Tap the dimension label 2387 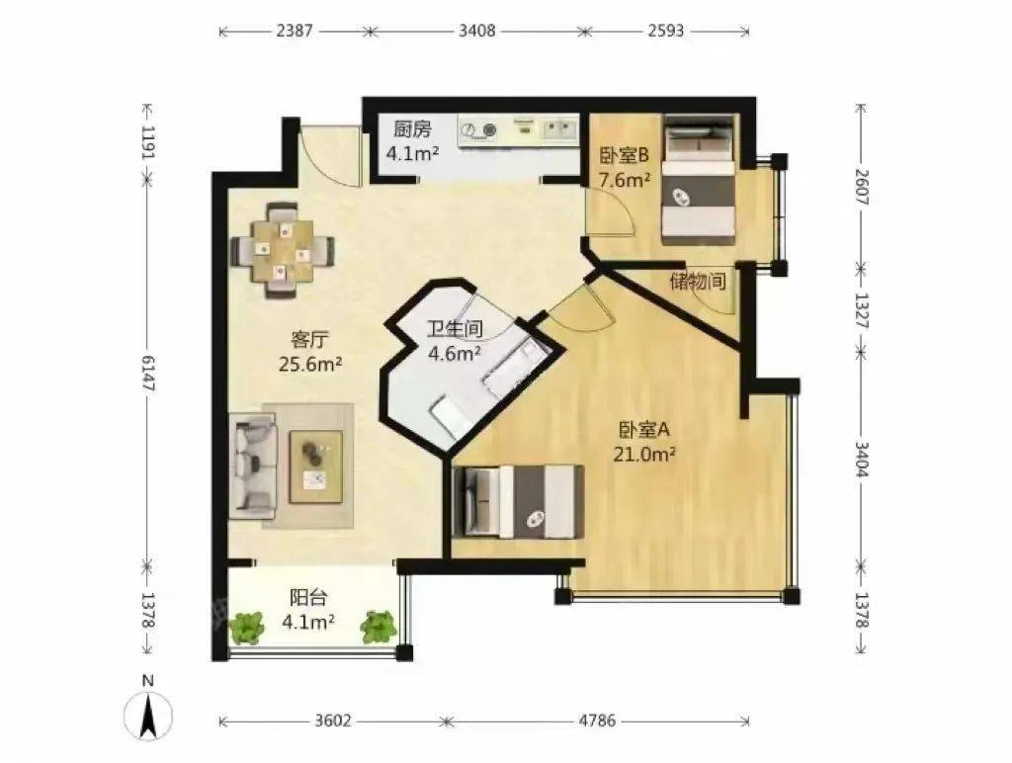(x=295, y=31)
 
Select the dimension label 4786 (x=597, y=721)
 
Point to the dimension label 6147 (x=148, y=374)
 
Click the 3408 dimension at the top (x=477, y=31)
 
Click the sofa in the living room (x=253, y=466)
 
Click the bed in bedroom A (x=518, y=501)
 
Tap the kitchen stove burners (x=479, y=131)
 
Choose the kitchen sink (x=559, y=129)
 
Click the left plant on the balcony (x=246, y=627)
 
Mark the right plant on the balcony (x=379, y=627)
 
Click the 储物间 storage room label (x=698, y=282)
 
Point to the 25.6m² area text (x=310, y=365)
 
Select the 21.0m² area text (x=644, y=455)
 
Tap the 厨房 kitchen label (x=412, y=129)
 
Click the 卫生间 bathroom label (x=455, y=329)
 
